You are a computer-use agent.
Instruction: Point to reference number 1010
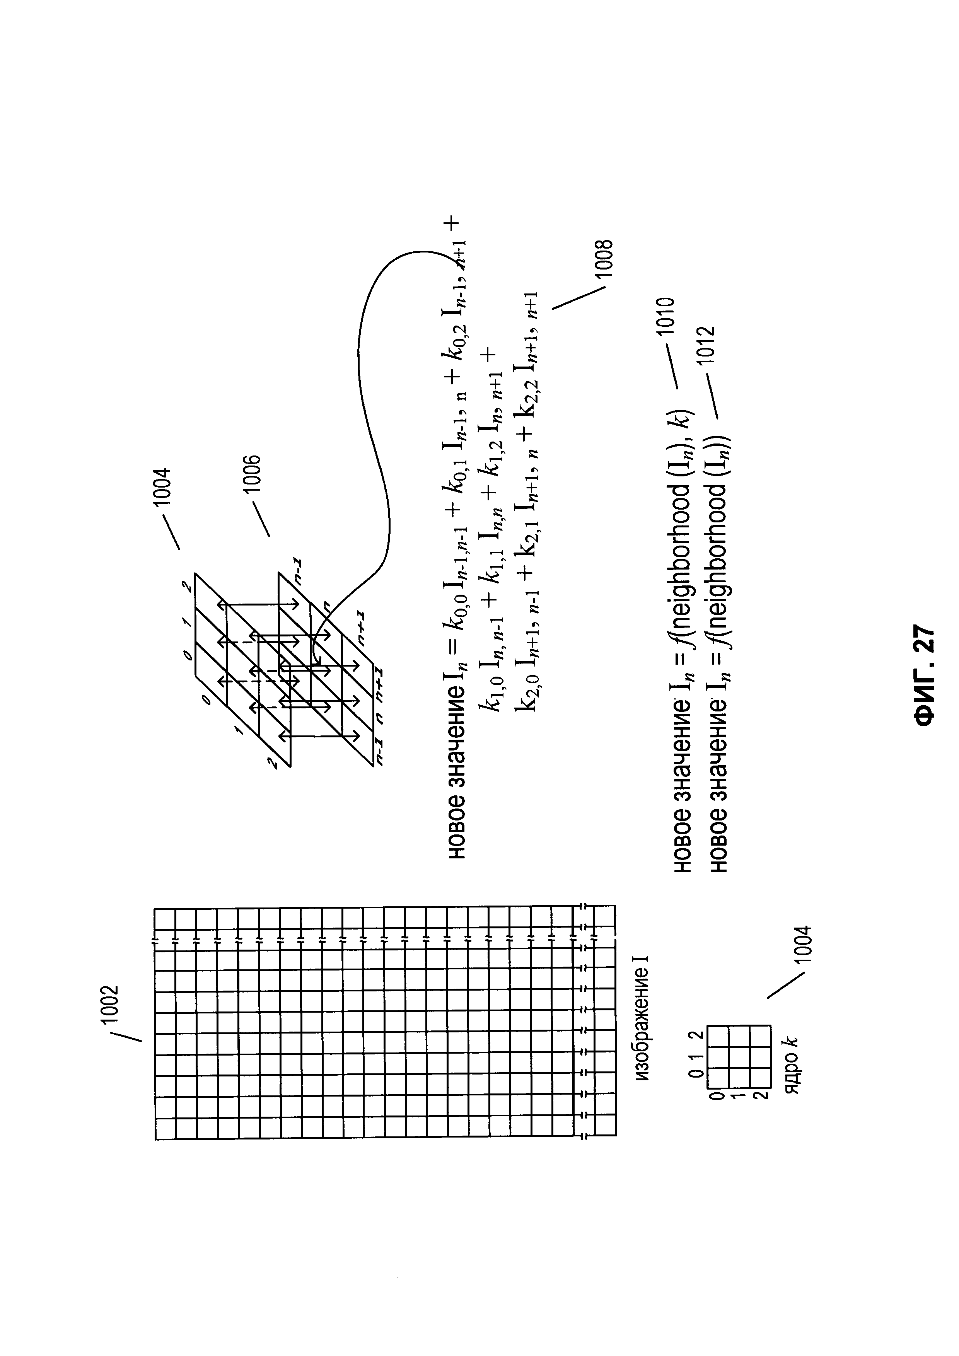click(667, 316)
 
